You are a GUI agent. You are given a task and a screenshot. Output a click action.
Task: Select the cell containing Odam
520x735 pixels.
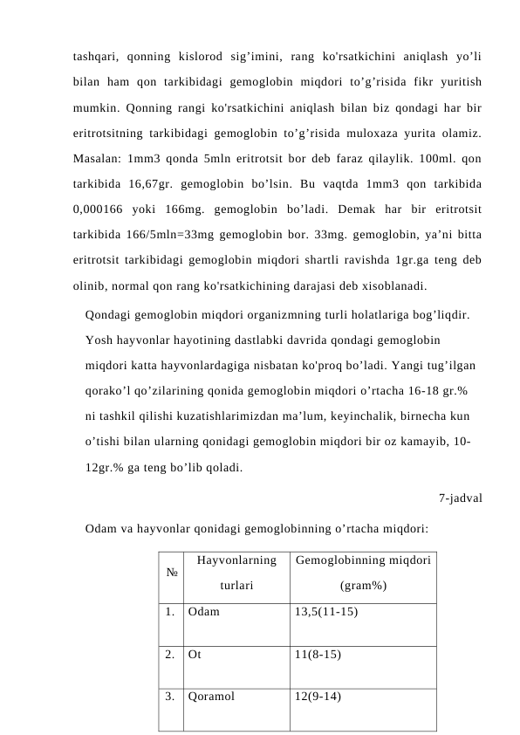coord(203,612)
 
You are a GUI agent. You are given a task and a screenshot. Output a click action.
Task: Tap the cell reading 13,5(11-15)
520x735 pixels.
coord(326,612)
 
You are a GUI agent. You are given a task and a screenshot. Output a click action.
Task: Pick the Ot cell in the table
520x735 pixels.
coord(194,654)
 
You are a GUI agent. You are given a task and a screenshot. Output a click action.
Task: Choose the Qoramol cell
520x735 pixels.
coord(210,696)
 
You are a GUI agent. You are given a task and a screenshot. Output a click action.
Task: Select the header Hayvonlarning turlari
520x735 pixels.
coord(236,574)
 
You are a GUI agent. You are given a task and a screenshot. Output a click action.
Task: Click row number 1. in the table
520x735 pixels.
coord(169,612)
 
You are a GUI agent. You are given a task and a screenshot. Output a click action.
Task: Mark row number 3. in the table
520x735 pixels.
coord(169,696)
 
